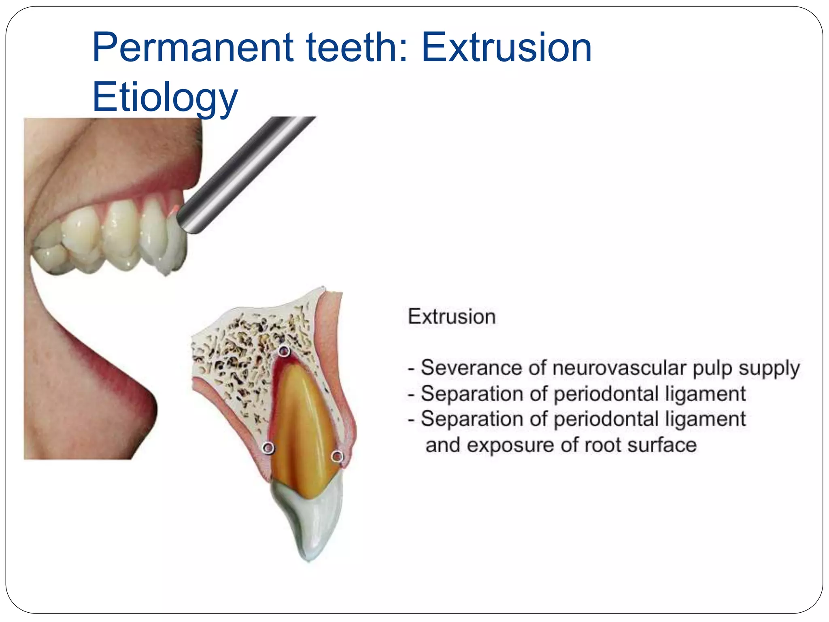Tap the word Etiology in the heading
[165, 97]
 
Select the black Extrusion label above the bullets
[452, 317]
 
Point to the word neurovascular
[620, 368]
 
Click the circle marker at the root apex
[285, 351]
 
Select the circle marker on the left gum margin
[268, 447]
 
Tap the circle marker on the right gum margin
[337, 457]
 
